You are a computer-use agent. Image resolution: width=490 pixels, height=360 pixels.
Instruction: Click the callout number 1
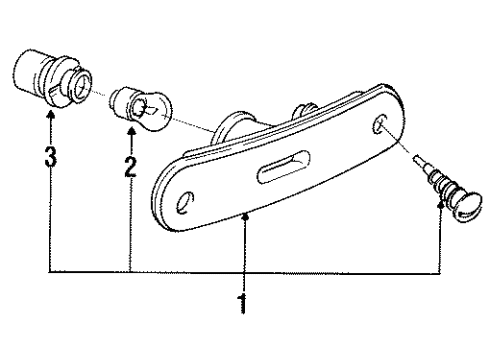pos(243,303)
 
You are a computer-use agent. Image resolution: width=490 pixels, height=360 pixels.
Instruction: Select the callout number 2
pos(130,167)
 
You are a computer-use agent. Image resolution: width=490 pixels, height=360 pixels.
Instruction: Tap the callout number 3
pos(51,156)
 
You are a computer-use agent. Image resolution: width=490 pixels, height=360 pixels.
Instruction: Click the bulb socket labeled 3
pos(53,79)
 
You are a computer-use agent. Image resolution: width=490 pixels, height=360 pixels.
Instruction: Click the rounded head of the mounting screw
pos(468,206)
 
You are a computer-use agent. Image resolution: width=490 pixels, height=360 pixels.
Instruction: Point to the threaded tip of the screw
pos(419,161)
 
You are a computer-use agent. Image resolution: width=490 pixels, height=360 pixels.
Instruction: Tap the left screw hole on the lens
pos(185,203)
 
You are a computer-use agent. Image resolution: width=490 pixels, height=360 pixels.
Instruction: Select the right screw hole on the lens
pos(379,124)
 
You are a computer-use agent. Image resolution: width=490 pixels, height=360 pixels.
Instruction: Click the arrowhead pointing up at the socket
pos(51,115)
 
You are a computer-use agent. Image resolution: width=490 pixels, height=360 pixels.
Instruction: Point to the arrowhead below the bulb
pos(132,131)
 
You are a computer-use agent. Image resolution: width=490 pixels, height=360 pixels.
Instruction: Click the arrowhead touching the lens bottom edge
pos(246,217)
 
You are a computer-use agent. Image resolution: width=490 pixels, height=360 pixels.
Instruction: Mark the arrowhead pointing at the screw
pos(441,204)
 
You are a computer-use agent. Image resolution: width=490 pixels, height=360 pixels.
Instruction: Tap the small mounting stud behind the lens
pos(304,110)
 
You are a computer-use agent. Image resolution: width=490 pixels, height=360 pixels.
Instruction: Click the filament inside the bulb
pos(147,109)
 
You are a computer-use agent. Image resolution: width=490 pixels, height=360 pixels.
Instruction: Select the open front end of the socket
pos(82,87)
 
